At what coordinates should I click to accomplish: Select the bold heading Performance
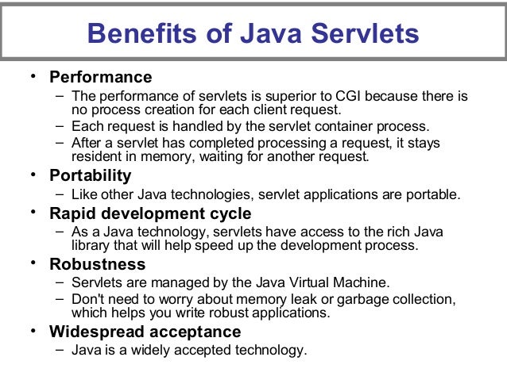pyautogui.click(x=100, y=78)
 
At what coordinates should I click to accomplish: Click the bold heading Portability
pyautogui.click(x=91, y=175)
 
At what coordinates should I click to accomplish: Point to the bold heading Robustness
pyautogui.click(x=98, y=263)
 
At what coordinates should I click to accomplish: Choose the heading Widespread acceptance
pyautogui.click(x=145, y=331)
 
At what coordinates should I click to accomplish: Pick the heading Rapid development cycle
pyautogui.click(x=150, y=213)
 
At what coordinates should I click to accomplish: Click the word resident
pyautogui.click(x=98, y=156)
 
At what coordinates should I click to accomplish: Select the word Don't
pyautogui.click(x=87, y=299)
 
